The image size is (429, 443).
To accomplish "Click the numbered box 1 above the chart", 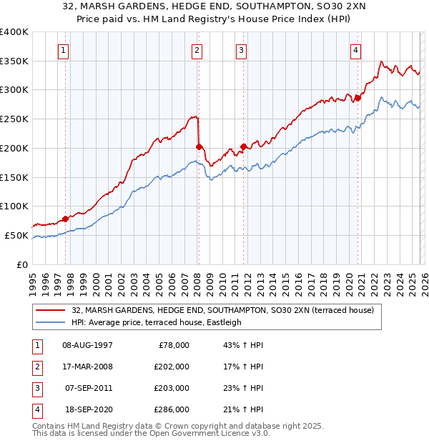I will tap(64, 50).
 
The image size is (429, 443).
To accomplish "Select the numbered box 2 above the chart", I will tap(197, 50).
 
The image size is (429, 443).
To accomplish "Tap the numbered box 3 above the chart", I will tap(242, 50).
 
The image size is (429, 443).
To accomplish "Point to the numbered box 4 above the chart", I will tap(355, 50).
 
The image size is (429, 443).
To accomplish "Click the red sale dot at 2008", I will tap(199, 146).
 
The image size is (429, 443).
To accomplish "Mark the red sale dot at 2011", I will tap(243, 146).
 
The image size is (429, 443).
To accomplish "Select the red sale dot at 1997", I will tap(65, 219).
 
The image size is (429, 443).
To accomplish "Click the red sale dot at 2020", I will tap(357, 98).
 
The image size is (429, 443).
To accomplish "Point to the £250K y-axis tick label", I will tap(14, 119).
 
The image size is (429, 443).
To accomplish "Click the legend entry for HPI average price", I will tap(157, 322).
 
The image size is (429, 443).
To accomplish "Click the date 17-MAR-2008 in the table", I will tap(88, 367).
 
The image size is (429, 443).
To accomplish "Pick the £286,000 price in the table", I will tap(172, 410).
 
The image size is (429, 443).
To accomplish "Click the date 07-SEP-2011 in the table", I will tap(88, 389).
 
